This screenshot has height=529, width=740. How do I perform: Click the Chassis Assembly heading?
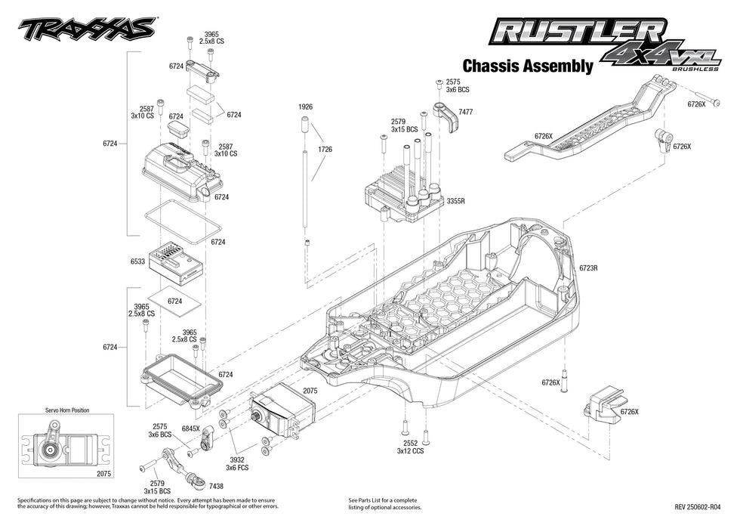pos(527,66)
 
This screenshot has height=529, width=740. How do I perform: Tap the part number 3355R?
pos(455,203)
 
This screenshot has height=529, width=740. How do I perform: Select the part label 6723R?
pos(589,268)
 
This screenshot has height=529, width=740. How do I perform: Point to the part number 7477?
pos(466,112)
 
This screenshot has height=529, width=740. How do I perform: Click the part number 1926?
pos(305,107)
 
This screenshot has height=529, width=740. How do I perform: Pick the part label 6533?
pos(137,262)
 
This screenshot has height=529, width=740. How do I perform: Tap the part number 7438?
pos(216,487)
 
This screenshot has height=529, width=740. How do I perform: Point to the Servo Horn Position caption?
pos(65,410)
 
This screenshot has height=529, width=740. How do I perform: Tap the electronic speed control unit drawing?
pos(396,193)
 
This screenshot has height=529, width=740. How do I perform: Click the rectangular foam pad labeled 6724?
pos(174,301)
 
